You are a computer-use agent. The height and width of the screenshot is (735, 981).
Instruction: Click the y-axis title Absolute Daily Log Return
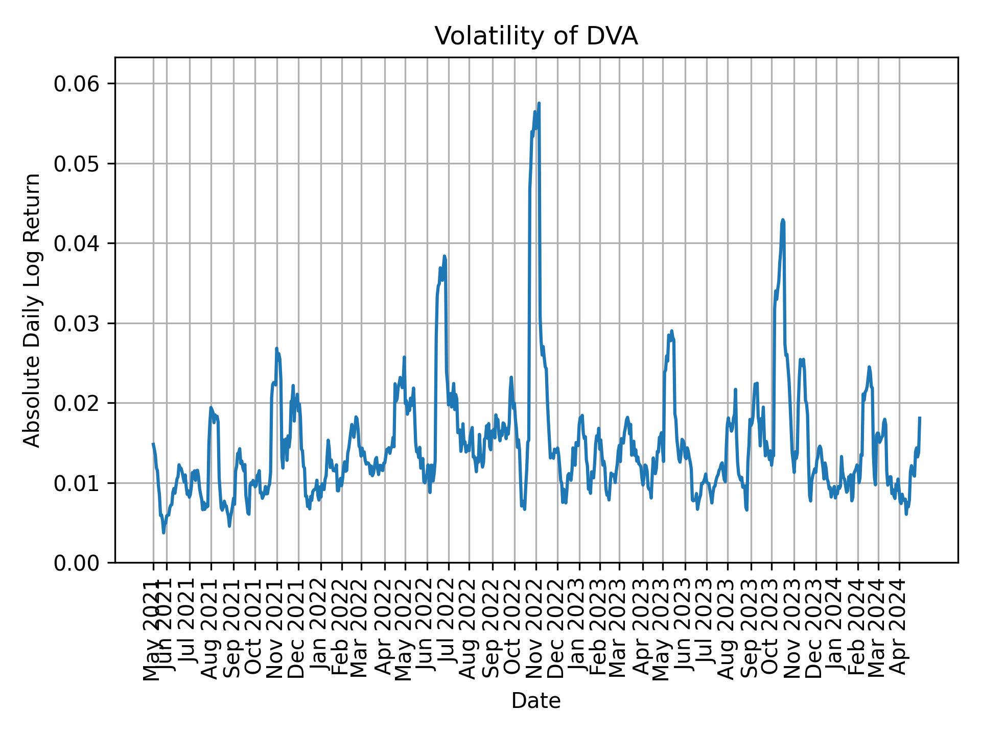33,310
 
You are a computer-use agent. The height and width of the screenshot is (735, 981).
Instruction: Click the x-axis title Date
536,701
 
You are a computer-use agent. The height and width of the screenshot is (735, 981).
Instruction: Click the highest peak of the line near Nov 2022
539,104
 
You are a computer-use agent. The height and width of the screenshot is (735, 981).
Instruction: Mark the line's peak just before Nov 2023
783,220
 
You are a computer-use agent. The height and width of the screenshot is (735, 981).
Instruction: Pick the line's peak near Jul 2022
445,256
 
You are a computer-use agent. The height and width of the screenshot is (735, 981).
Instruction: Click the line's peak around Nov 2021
276,349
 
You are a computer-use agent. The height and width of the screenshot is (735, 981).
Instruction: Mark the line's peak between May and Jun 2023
672,331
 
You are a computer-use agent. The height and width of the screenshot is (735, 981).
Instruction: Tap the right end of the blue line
920,418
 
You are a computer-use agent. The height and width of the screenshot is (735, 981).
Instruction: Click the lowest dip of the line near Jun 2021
163,533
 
